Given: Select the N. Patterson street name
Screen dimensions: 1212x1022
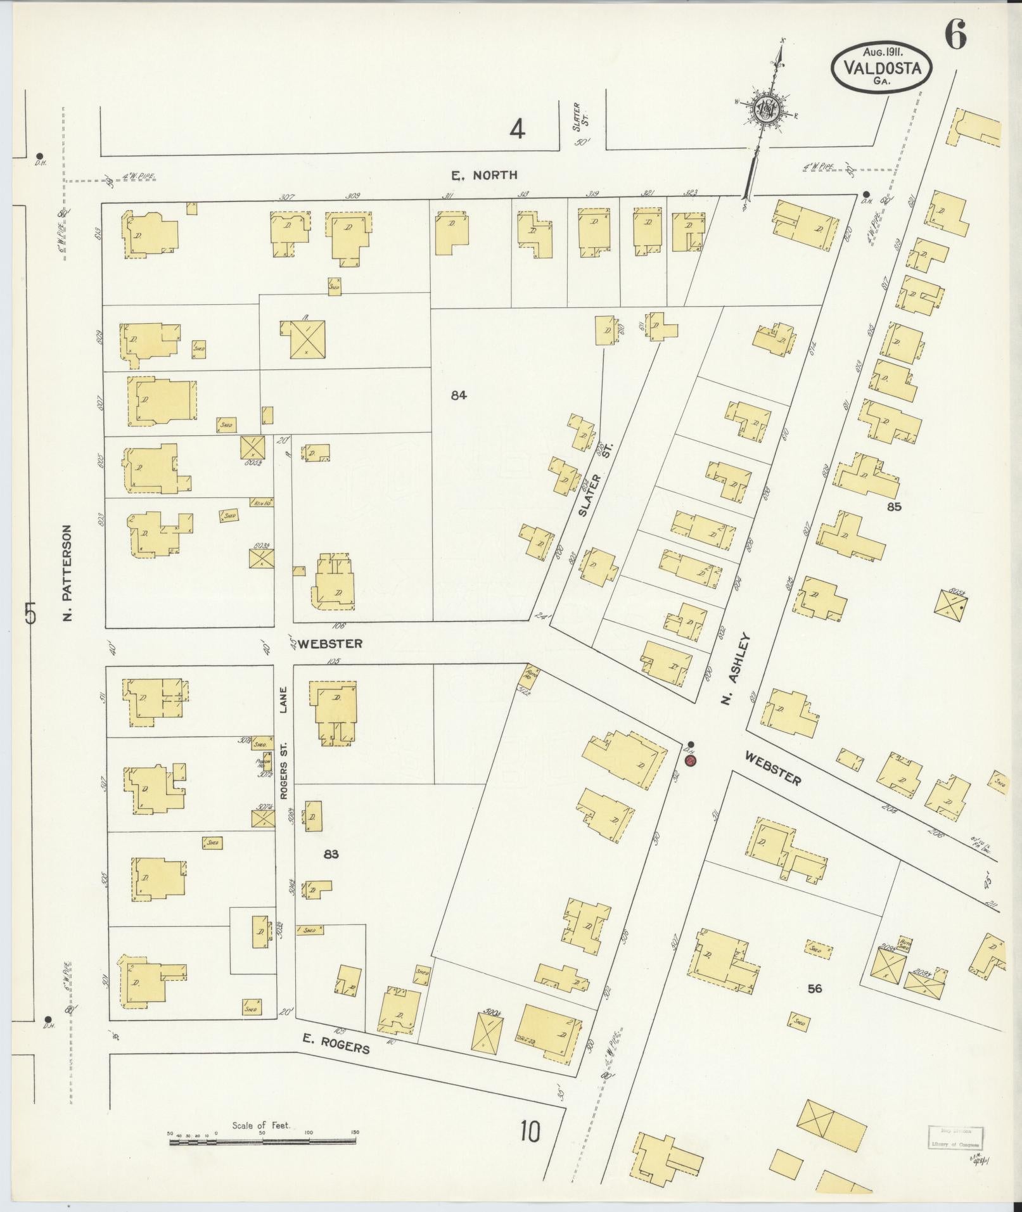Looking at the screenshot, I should click(68, 572).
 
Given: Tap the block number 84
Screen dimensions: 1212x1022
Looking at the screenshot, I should click(459, 395).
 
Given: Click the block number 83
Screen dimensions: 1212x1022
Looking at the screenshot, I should click(331, 854).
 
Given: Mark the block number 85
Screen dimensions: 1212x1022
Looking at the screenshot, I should click(894, 507).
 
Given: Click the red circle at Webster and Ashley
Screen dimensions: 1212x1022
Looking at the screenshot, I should click(690, 760).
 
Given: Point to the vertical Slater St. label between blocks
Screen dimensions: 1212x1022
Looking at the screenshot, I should click(592, 476).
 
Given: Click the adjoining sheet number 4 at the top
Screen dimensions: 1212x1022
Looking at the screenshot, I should click(518, 131).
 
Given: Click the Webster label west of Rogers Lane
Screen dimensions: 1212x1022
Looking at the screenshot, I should click(330, 644).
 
